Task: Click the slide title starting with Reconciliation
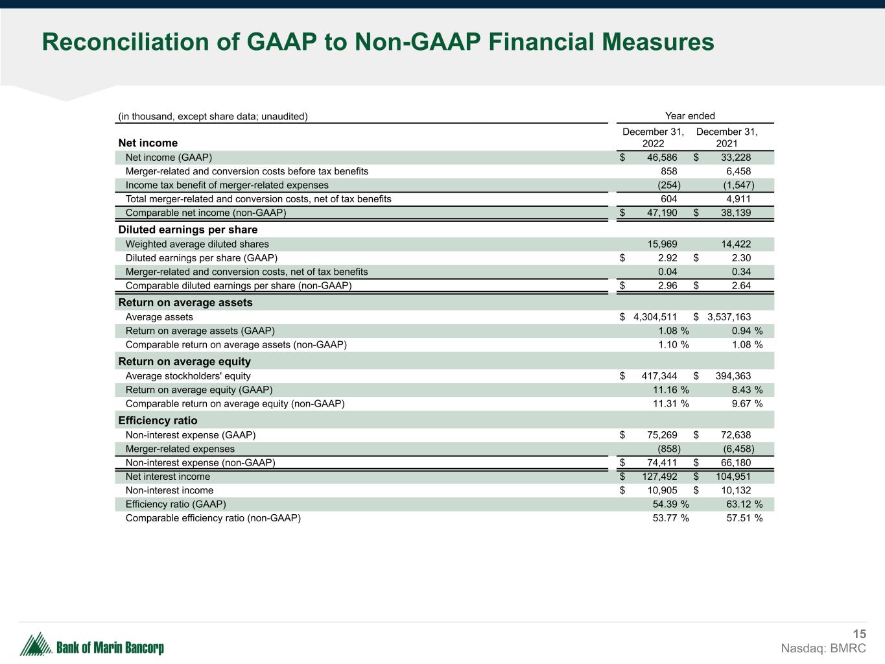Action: [378, 43]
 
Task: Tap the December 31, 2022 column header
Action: [653, 137]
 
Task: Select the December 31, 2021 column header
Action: [727, 137]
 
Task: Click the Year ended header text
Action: [690, 116]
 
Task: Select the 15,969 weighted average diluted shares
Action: [662, 244]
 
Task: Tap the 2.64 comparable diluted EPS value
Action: [741, 286]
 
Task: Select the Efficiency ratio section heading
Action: [158, 420]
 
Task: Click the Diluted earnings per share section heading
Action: [188, 230]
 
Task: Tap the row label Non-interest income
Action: [169, 490]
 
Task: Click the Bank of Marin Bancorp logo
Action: [92, 645]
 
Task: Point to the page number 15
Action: [859, 634]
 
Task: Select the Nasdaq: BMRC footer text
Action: [823, 648]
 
